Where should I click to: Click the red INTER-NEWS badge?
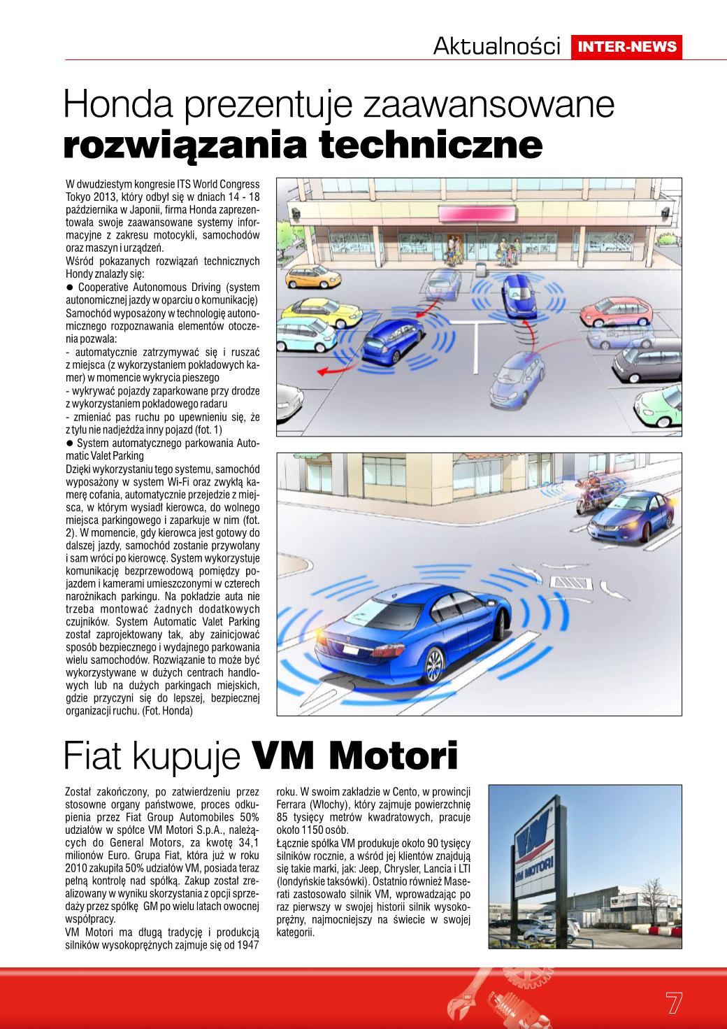point(626,47)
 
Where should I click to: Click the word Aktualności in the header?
point(497,47)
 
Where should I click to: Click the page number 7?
point(673,1002)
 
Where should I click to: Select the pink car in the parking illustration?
point(614,313)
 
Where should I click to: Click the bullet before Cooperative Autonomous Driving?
point(70,288)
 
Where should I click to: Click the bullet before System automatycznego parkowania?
point(70,443)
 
